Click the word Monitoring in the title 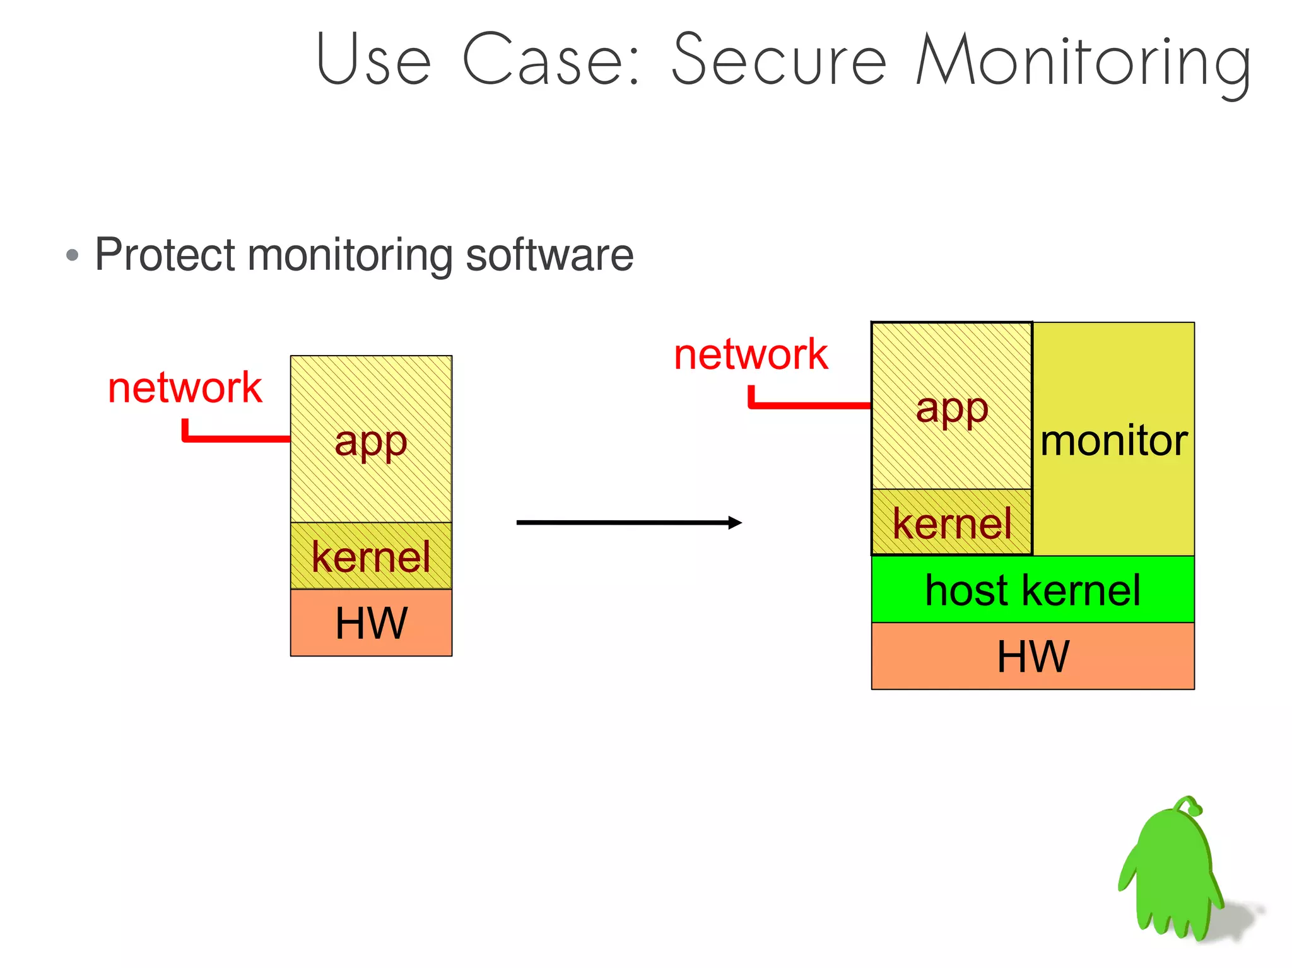1083,62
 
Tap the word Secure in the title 778,60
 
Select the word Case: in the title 551,60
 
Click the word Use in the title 373,60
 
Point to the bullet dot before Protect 73,255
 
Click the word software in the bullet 549,255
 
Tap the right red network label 750,354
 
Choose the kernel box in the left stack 371,556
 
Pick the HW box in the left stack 371,623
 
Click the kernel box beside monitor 951,523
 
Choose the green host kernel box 1032,590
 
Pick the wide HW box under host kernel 1032,656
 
